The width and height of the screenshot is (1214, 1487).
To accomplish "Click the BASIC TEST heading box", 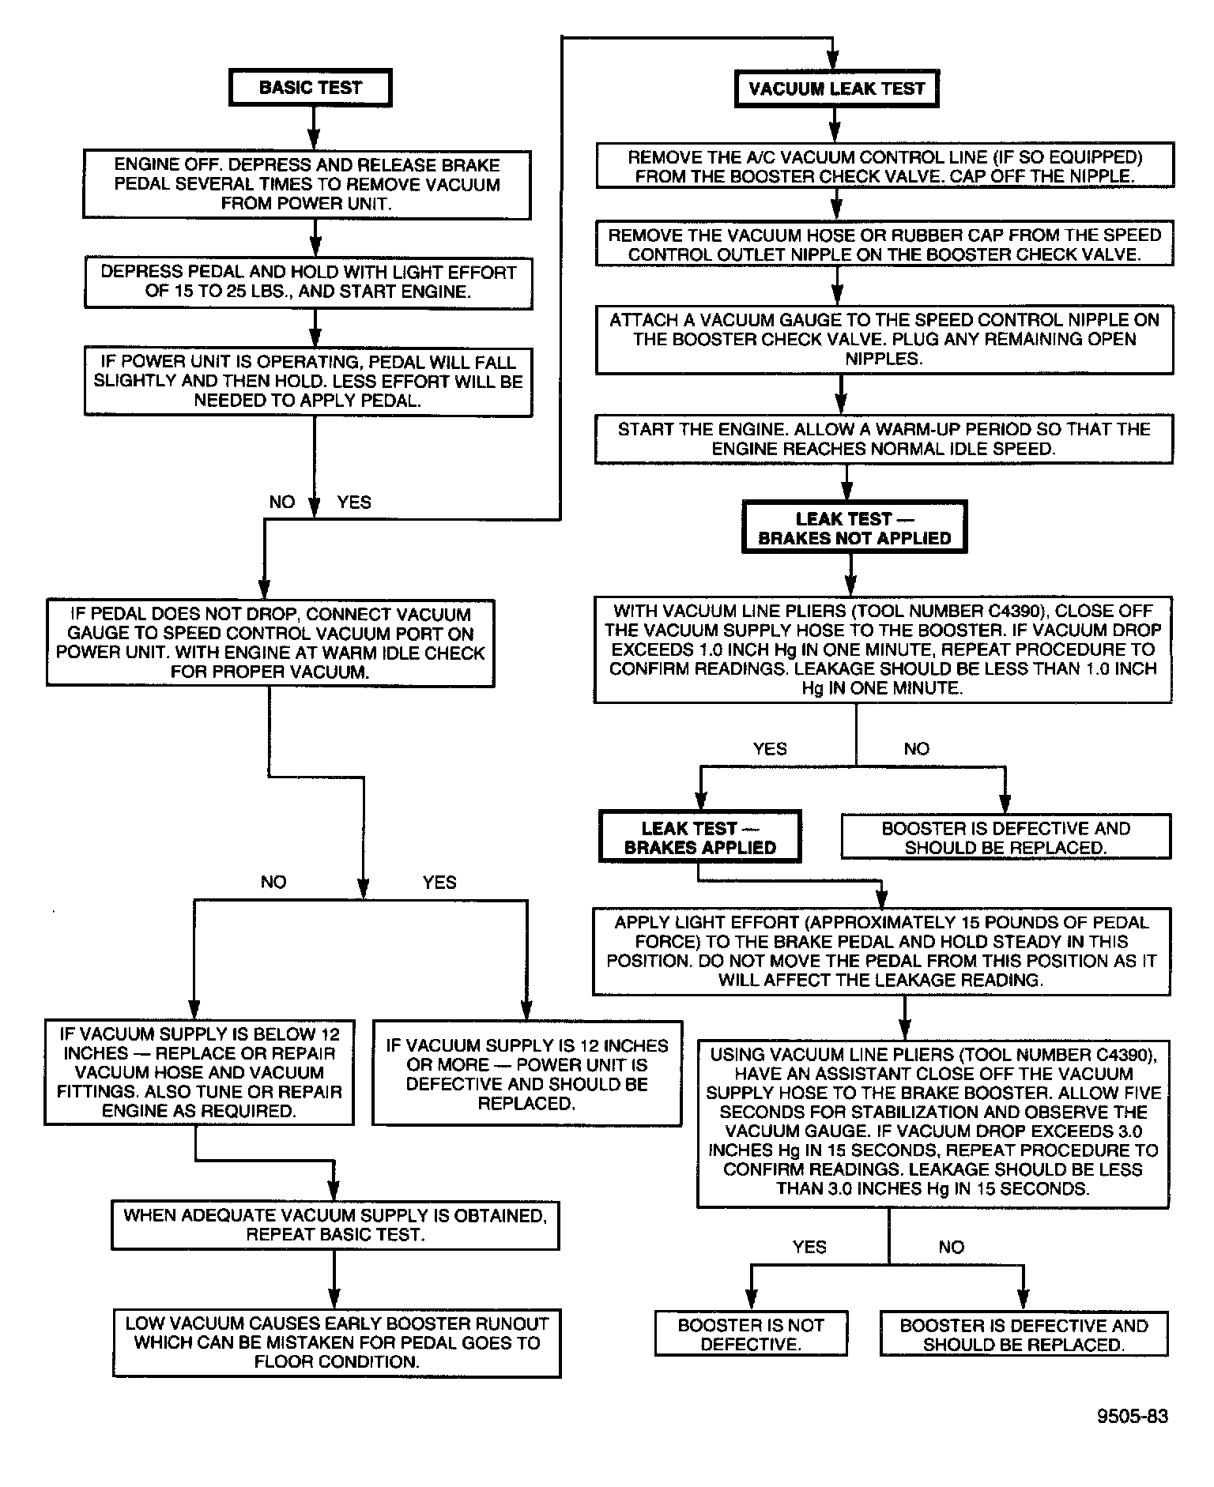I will [x=310, y=88].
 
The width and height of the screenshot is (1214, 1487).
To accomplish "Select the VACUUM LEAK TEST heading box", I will [x=836, y=88].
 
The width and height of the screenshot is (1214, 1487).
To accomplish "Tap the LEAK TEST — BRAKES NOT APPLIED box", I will [x=854, y=528].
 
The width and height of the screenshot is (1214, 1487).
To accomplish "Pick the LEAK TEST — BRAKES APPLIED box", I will [x=699, y=838].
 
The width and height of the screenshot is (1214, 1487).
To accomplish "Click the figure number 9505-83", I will [x=1131, y=1415].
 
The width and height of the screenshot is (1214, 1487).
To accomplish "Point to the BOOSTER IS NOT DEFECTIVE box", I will [x=750, y=1335].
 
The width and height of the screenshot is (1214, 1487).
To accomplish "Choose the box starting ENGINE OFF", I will [x=307, y=185].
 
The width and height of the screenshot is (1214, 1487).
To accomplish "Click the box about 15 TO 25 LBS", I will [x=308, y=282].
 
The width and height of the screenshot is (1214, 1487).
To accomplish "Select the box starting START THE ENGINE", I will [x=884, y=439].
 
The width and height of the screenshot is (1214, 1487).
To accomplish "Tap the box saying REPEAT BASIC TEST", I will [x=335, y=1225].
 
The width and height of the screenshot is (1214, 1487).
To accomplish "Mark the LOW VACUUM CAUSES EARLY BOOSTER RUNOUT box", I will [x=337, y=1343].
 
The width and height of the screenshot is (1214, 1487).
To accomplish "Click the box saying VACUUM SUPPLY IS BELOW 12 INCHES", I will [x=199, y=1072].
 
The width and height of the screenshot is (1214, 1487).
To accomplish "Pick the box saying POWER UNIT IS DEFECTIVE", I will [x=526, y=1075].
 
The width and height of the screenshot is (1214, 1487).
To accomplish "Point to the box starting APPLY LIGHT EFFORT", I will [x=881, y=951].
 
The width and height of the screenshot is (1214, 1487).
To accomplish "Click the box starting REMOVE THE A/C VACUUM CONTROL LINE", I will [x=884, y=166].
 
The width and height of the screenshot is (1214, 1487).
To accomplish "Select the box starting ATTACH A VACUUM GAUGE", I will [x=884, y=340].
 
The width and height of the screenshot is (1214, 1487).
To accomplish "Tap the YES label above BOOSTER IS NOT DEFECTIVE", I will [x=809, y=1247].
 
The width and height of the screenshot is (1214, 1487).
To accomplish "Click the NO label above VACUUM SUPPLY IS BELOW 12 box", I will [x=273, y=882].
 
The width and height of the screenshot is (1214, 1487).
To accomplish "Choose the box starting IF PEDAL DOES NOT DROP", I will [x=270, y=643].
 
